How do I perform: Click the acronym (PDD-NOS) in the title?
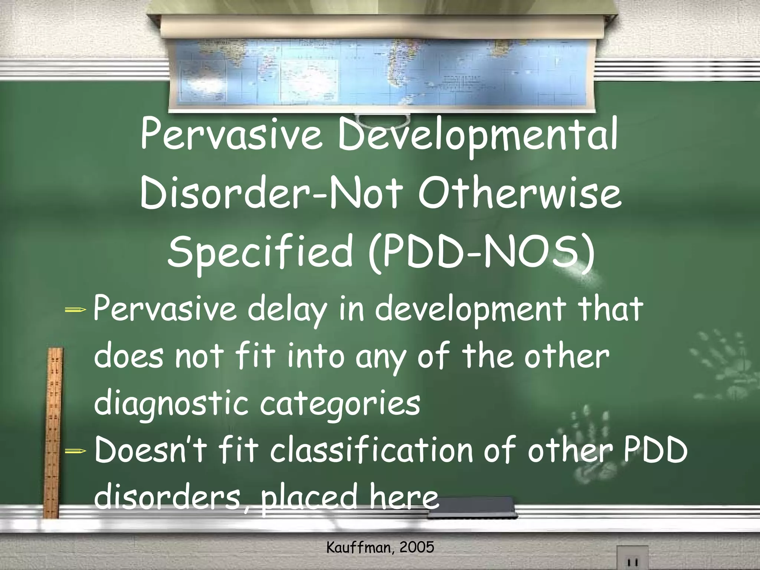point(481,251)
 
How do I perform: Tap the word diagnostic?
point(171,404)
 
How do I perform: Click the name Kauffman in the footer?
point(358,548)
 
